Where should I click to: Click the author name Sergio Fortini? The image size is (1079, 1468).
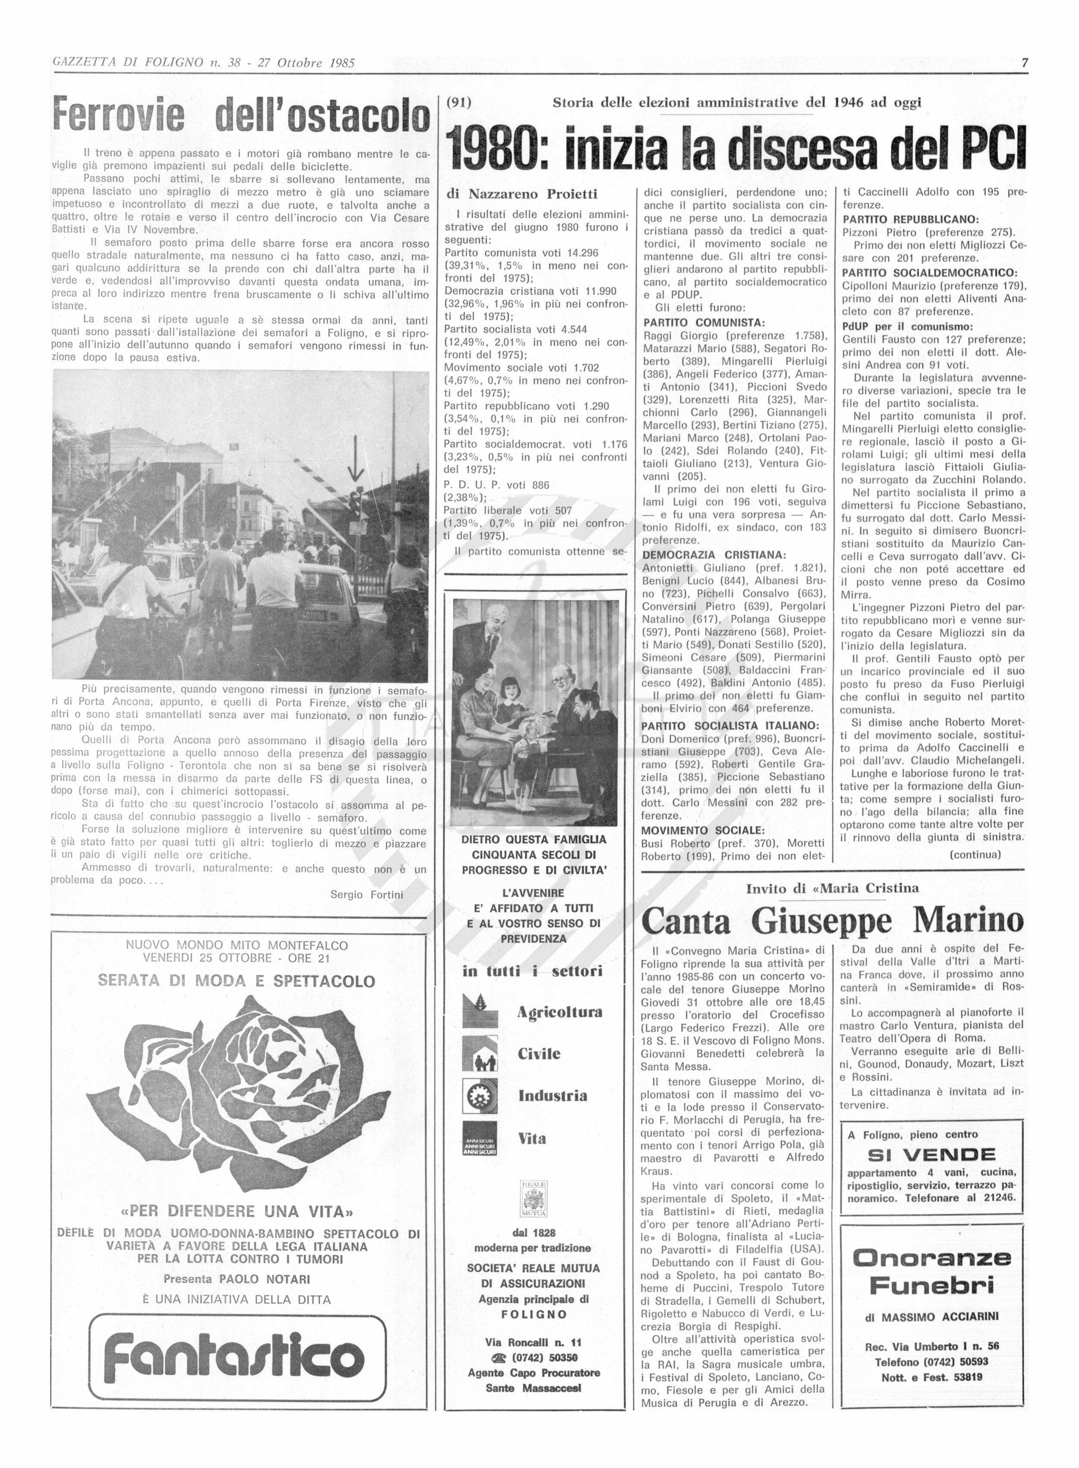click(366, 894)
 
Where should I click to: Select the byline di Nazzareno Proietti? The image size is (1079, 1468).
click(521, 194)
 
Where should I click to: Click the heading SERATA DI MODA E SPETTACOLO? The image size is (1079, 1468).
click(237, 981)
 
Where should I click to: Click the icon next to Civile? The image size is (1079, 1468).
click(480, 1054)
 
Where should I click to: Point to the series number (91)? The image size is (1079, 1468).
click(458, 103)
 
